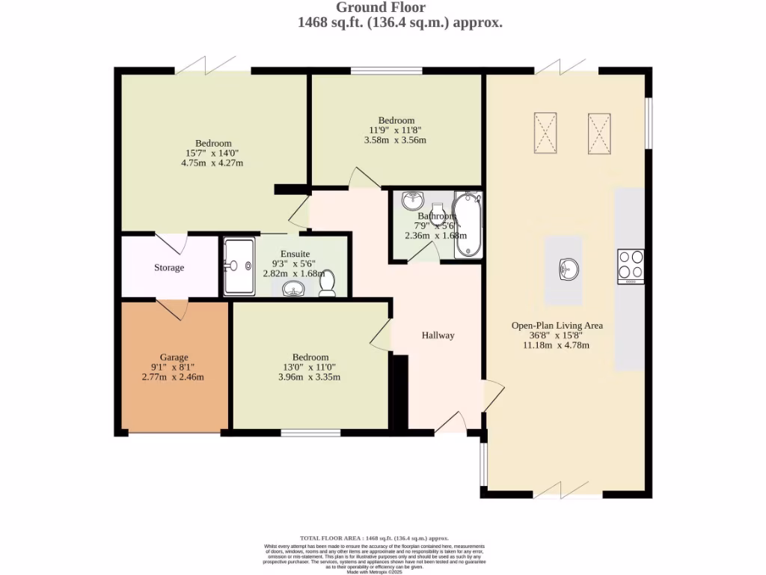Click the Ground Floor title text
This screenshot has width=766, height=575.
381,7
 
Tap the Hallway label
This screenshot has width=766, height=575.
438,335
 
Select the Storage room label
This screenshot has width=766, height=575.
169,267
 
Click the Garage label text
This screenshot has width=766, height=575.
174,357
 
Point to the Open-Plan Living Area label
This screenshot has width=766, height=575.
557,326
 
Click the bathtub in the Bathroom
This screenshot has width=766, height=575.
469,224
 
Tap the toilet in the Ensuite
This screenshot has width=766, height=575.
327,284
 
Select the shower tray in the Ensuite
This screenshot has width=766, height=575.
238,266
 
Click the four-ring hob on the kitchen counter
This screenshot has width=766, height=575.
631,266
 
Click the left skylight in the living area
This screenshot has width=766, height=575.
545,133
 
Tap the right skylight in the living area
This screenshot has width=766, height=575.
599,133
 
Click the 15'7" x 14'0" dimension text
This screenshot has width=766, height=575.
213,153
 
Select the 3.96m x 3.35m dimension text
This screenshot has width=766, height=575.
310,377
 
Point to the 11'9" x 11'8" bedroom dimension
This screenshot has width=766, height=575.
396,130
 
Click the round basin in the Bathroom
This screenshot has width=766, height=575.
412,201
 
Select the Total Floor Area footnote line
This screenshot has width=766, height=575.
374,538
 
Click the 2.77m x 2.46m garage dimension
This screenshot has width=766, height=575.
174,377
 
